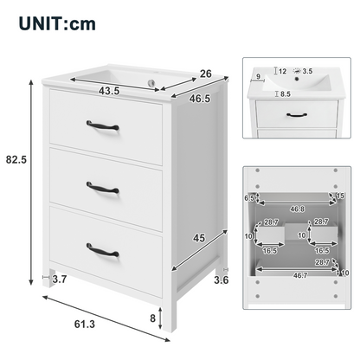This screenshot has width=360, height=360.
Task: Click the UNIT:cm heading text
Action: [57, 24]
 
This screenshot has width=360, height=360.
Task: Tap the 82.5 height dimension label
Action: [16, 159]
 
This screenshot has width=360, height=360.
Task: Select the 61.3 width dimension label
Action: [85, 324]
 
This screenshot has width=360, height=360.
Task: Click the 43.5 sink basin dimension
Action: [109, 91]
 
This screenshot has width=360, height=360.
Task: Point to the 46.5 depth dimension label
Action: [200, 99]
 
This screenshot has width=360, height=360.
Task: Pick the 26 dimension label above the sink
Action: [206, 74]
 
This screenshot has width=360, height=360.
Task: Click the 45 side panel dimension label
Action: [199, 238]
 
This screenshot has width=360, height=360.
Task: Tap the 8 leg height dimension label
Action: [152, 318]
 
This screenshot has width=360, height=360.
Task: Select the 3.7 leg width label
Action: [60, 279]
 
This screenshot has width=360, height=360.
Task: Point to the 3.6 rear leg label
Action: [222, 280]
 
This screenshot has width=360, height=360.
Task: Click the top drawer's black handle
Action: [103, 125]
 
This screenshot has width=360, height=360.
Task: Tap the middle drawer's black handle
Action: [103, 188]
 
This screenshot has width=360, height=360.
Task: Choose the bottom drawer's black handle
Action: [103, 250]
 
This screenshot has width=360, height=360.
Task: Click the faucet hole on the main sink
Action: [151, 82]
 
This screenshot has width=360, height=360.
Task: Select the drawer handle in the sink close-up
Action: [297, 115]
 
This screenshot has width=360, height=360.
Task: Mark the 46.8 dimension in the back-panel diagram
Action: [298, 209]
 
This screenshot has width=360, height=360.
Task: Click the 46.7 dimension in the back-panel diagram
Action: [300, 275]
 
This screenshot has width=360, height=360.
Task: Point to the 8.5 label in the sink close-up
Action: [285, 94]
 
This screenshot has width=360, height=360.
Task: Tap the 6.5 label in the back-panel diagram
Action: [249, 198]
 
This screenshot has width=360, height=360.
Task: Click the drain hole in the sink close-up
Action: [297, 78]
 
